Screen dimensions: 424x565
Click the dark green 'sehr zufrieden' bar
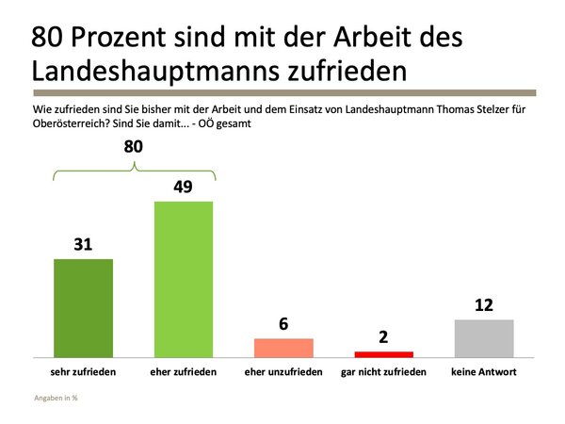pyautogui.click(x=84, y=307)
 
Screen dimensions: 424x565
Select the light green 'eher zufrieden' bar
pyautogui.click(x=185, y=279)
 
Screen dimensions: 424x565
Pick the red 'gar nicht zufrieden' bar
pyautogui.click(x=383, y=353)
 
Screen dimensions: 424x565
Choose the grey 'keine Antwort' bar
pyautogui.click(x=484, y=337)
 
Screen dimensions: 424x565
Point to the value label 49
pyautogui.click(x=184, y=187)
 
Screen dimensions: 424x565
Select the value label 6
pyautogui.click(x=283, y=323)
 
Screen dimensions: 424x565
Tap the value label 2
pyautogui.click(x=383, y=336)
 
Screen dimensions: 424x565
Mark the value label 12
pyautogui.click(x=484, y=305)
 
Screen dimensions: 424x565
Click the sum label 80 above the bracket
pyautogui.click(x=135, y=147)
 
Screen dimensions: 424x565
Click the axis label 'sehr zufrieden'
pyautogui.click(x=84, y=372)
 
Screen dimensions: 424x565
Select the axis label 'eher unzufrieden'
pyautogui.click(x=283, y=372)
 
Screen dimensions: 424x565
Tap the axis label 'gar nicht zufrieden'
pyautogui.click(x=383, y=372)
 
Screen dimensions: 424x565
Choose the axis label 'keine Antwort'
pyautogui.click(x=484, y=372)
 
